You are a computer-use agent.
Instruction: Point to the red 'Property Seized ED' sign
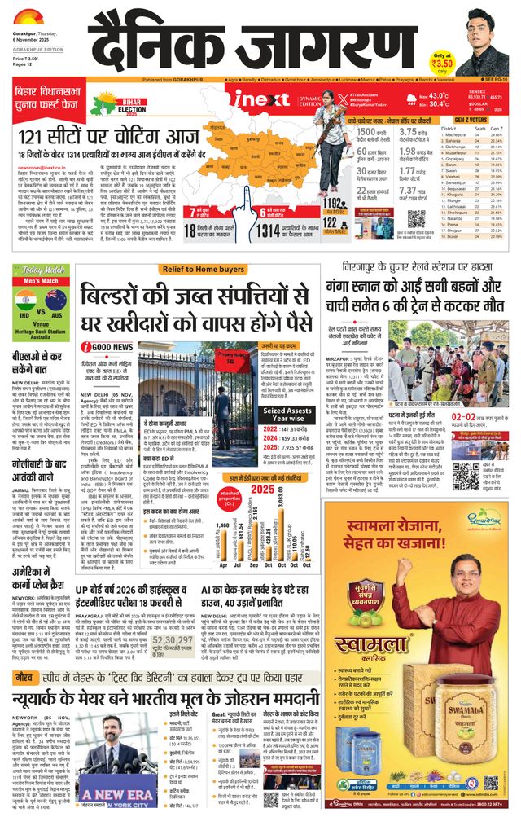coord(215,355)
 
